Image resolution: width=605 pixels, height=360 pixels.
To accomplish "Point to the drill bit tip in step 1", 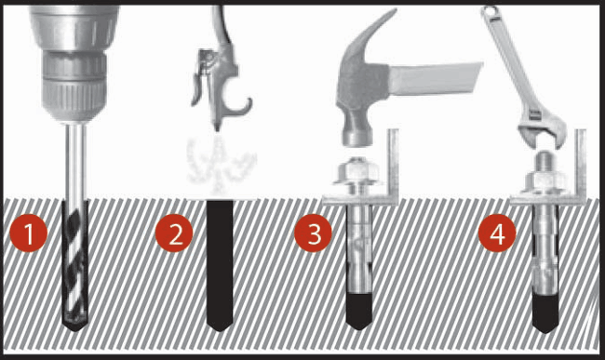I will (74, 320).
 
